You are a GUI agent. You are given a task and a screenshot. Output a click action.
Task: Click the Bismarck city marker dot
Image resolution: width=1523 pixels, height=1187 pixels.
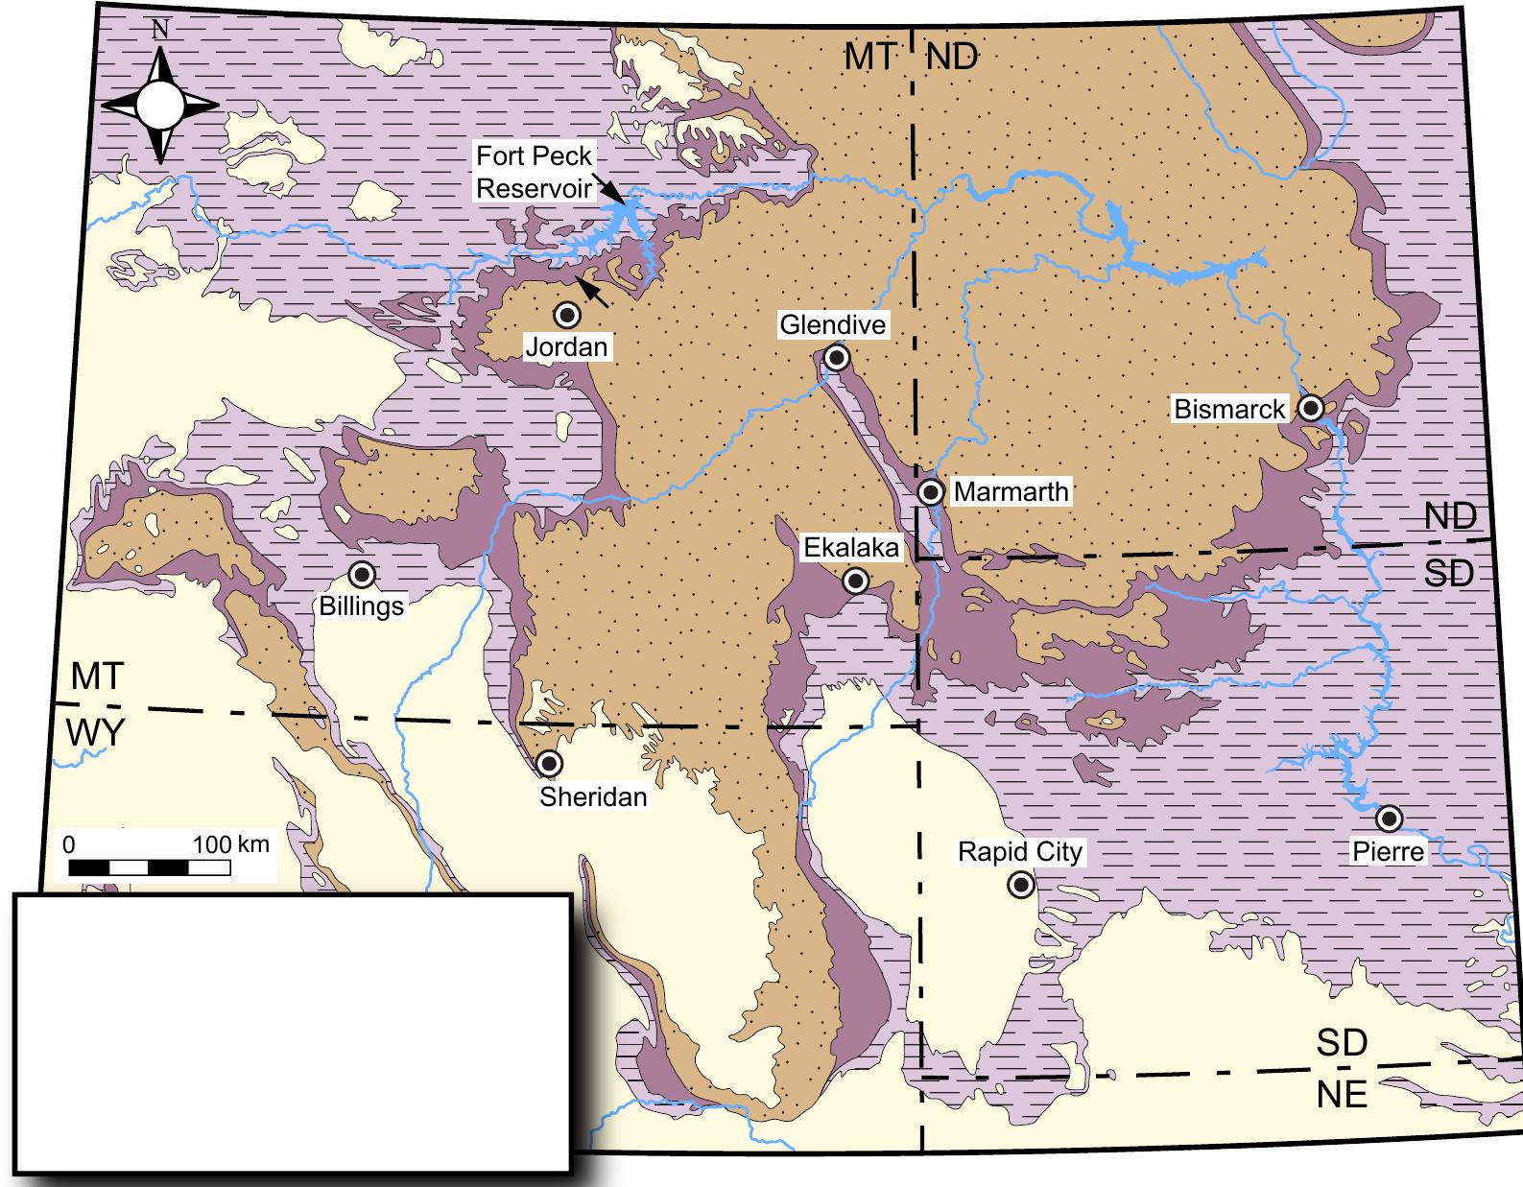click(1311, 408)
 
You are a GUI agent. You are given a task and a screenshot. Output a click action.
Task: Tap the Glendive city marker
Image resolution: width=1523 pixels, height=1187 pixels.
click(837, 358)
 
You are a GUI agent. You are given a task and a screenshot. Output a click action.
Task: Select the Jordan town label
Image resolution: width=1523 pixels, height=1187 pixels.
click(566, 346)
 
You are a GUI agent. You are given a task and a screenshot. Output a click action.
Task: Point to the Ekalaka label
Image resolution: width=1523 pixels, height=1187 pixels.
click(851, 548)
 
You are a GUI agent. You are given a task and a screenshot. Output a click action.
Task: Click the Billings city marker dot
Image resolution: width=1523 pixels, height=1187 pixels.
click(361, 575)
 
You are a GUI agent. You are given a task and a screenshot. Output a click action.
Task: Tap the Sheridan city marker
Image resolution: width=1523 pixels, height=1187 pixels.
click(549, 764)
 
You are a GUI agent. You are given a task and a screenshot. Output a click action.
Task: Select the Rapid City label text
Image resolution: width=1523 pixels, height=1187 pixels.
click(1020, 852)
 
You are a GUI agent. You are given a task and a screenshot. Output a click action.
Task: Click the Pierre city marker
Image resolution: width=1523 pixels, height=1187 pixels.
click(1388, 819)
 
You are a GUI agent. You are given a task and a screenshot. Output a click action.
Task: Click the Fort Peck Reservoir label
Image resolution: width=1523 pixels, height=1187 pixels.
click(535, 171)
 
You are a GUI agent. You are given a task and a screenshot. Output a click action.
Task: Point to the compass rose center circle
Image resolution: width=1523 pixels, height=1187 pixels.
click(160, 105)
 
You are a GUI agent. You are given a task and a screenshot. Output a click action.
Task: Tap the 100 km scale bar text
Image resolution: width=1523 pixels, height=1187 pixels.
click(231, 844)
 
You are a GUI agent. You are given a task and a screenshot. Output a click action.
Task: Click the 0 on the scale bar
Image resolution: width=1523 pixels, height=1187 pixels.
click(68, 845)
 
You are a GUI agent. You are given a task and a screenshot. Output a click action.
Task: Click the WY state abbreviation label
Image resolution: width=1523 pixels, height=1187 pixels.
click(96, 733)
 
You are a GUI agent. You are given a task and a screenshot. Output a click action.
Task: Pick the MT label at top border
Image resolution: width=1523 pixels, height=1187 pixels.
click(869, 57)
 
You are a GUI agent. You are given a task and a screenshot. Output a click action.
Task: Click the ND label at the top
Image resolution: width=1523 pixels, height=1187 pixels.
click(952, 57)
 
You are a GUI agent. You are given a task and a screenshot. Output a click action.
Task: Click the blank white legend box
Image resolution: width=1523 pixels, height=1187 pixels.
click(292, 1033)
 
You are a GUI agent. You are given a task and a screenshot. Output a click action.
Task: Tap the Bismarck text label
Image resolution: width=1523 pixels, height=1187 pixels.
click(1229, 410)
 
